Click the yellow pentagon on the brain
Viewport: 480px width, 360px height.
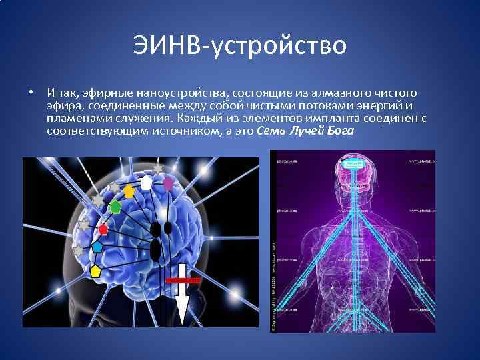pos(95,271)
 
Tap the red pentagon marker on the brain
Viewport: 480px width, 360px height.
pos(103,229)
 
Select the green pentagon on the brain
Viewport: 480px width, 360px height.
pos(115,207)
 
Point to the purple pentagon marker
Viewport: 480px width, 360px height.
pos(169,181)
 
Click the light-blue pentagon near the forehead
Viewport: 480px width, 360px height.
pos(97,247)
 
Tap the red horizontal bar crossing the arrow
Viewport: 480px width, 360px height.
pos(181,281)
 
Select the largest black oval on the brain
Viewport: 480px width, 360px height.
pos(154,251)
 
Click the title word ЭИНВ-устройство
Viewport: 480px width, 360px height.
pos(239,46)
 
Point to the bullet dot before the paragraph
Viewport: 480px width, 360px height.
pos(31,91)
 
